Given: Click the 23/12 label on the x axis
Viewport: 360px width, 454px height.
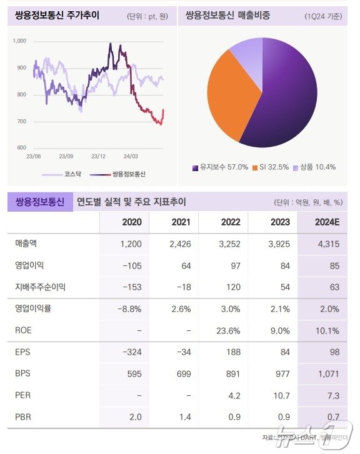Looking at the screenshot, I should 98,156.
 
